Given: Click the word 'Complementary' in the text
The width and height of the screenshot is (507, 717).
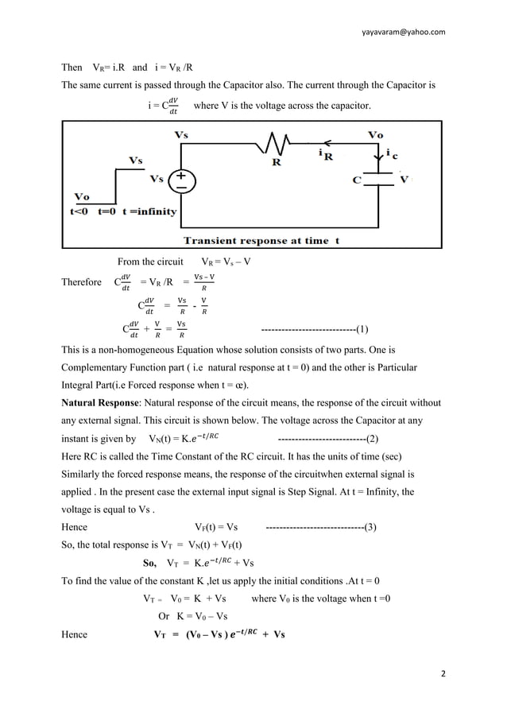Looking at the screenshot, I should click(x=99, y=369).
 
